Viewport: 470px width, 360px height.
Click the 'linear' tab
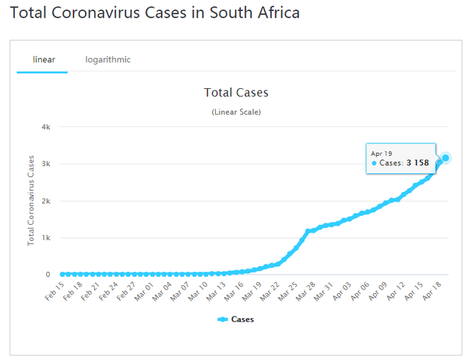pyautogui.click(x=44, y=60)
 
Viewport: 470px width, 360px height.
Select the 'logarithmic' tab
pyautogui.click(x=108, y=60)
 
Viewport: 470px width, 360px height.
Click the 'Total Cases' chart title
pyautogui.click(x=236, y=93)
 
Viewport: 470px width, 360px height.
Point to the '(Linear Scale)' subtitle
pyautogui.click(x=236, y=112)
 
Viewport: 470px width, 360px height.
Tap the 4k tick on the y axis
pyautogui.click(x=46, y=127)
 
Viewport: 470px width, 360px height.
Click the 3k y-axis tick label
pyautogui.click(x=46, y=164)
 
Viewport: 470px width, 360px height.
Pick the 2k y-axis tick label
pyautogui.click(x=46, y=201)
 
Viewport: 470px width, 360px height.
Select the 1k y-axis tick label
pyautogui.click(x=46, y=238)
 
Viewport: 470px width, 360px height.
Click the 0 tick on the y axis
pyautogui.click(x=48, y=275)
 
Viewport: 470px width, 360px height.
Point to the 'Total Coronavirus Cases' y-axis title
pyautogui.click(x=32, y=199)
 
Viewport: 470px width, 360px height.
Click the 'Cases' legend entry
pyautogui.click(x=236, y=320)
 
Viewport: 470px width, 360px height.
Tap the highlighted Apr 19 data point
pyautogui.click(x=445, y=158)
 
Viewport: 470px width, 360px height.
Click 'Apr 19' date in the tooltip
pyautogui.click(x=382, y=153)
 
